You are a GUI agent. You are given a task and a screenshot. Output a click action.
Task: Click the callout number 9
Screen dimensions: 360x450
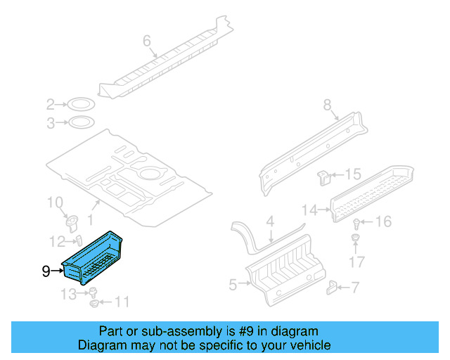(x=46, y=270)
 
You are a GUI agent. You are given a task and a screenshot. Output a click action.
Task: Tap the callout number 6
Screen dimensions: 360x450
(x=147, y=41)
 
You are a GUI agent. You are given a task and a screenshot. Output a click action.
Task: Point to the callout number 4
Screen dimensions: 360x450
(x=269, y=222)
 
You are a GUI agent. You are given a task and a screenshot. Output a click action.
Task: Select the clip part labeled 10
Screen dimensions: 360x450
(x=72, y=222)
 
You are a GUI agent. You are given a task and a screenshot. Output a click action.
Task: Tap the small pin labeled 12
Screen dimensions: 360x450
(x=79, y=240)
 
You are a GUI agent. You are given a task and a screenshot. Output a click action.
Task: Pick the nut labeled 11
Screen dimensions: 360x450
(x=94, y=304)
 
